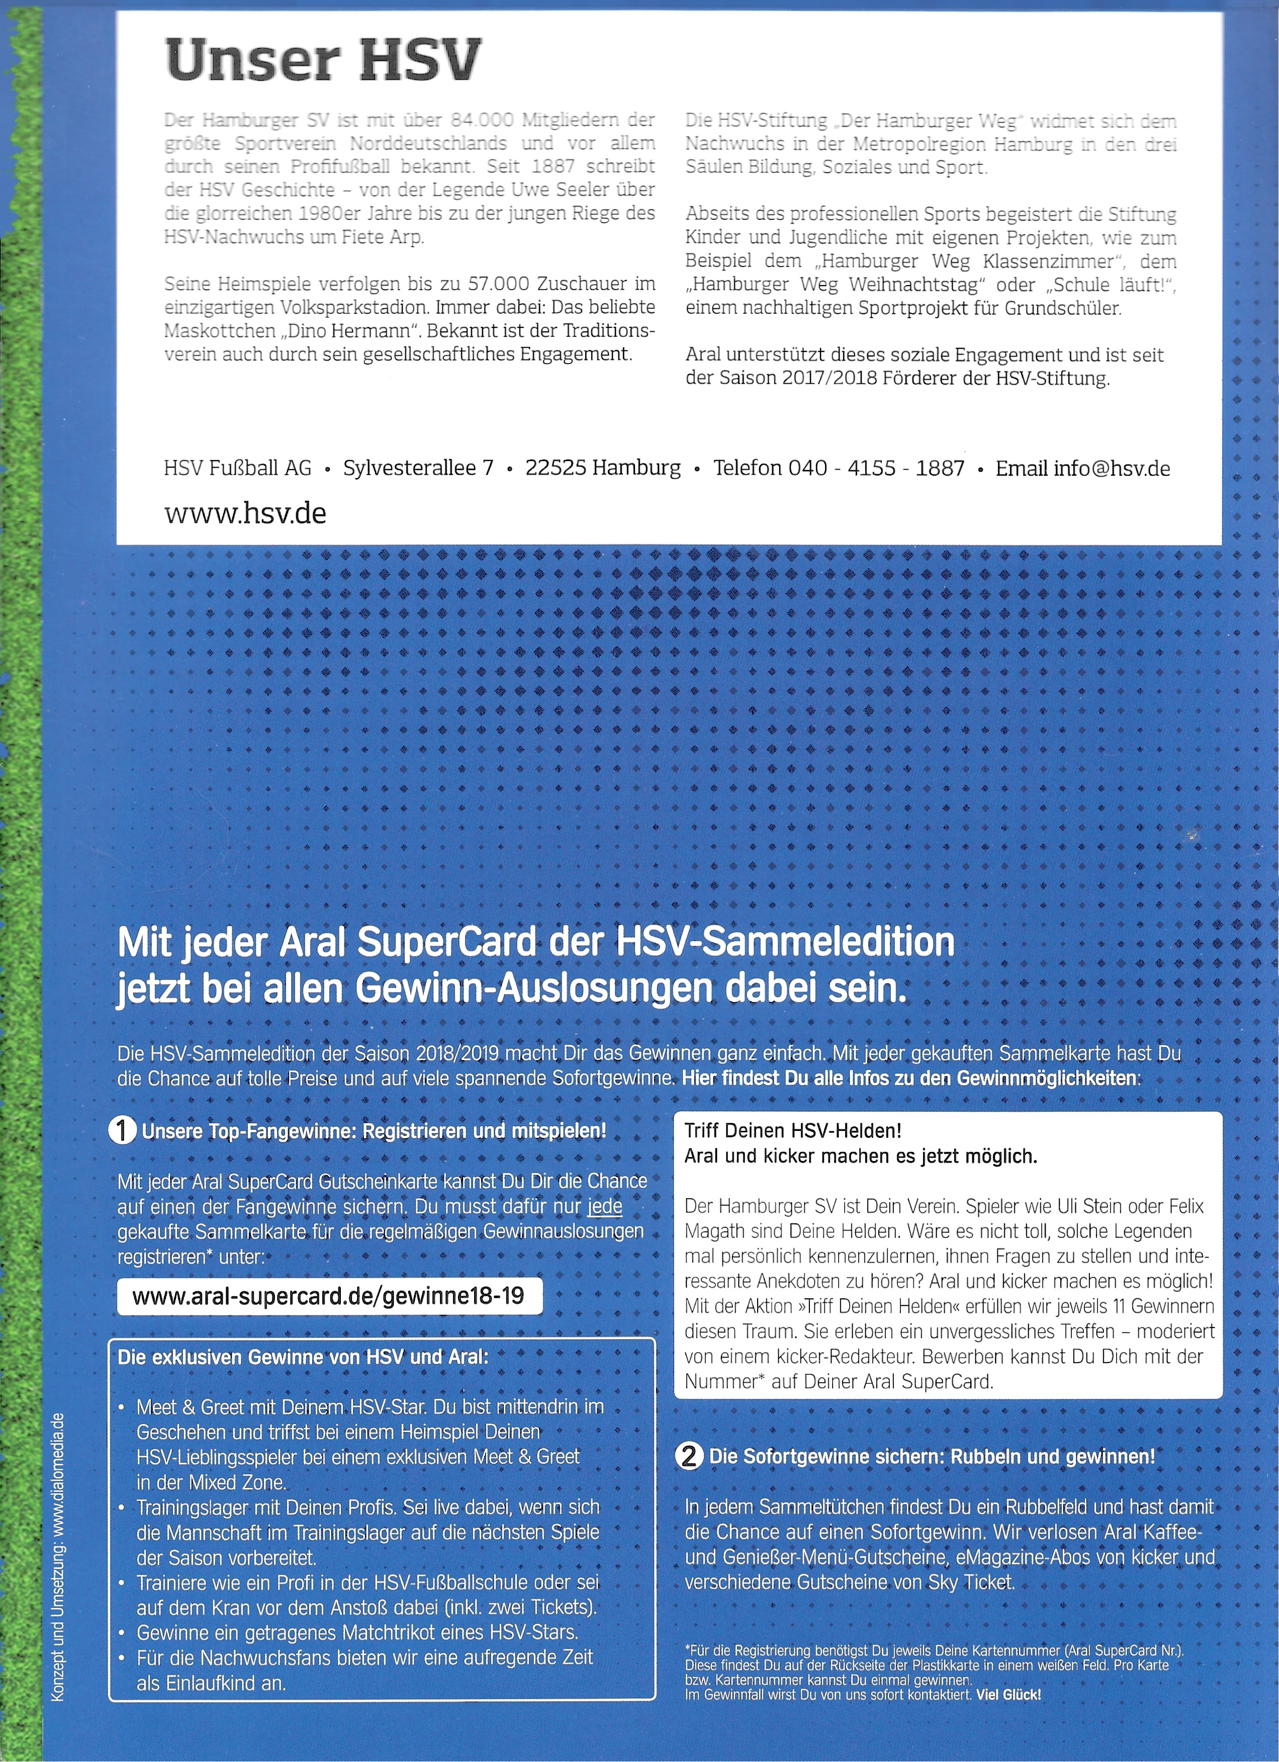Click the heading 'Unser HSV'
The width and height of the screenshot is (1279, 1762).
(323, 61)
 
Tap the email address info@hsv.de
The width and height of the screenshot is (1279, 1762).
(1111, 469)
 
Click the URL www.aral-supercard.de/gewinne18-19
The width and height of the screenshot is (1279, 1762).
(328, 1295)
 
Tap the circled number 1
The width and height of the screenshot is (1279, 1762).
(123, 1131)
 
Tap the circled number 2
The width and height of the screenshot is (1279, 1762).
(689, 1456)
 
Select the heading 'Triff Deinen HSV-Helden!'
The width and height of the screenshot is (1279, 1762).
(793, 1131)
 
